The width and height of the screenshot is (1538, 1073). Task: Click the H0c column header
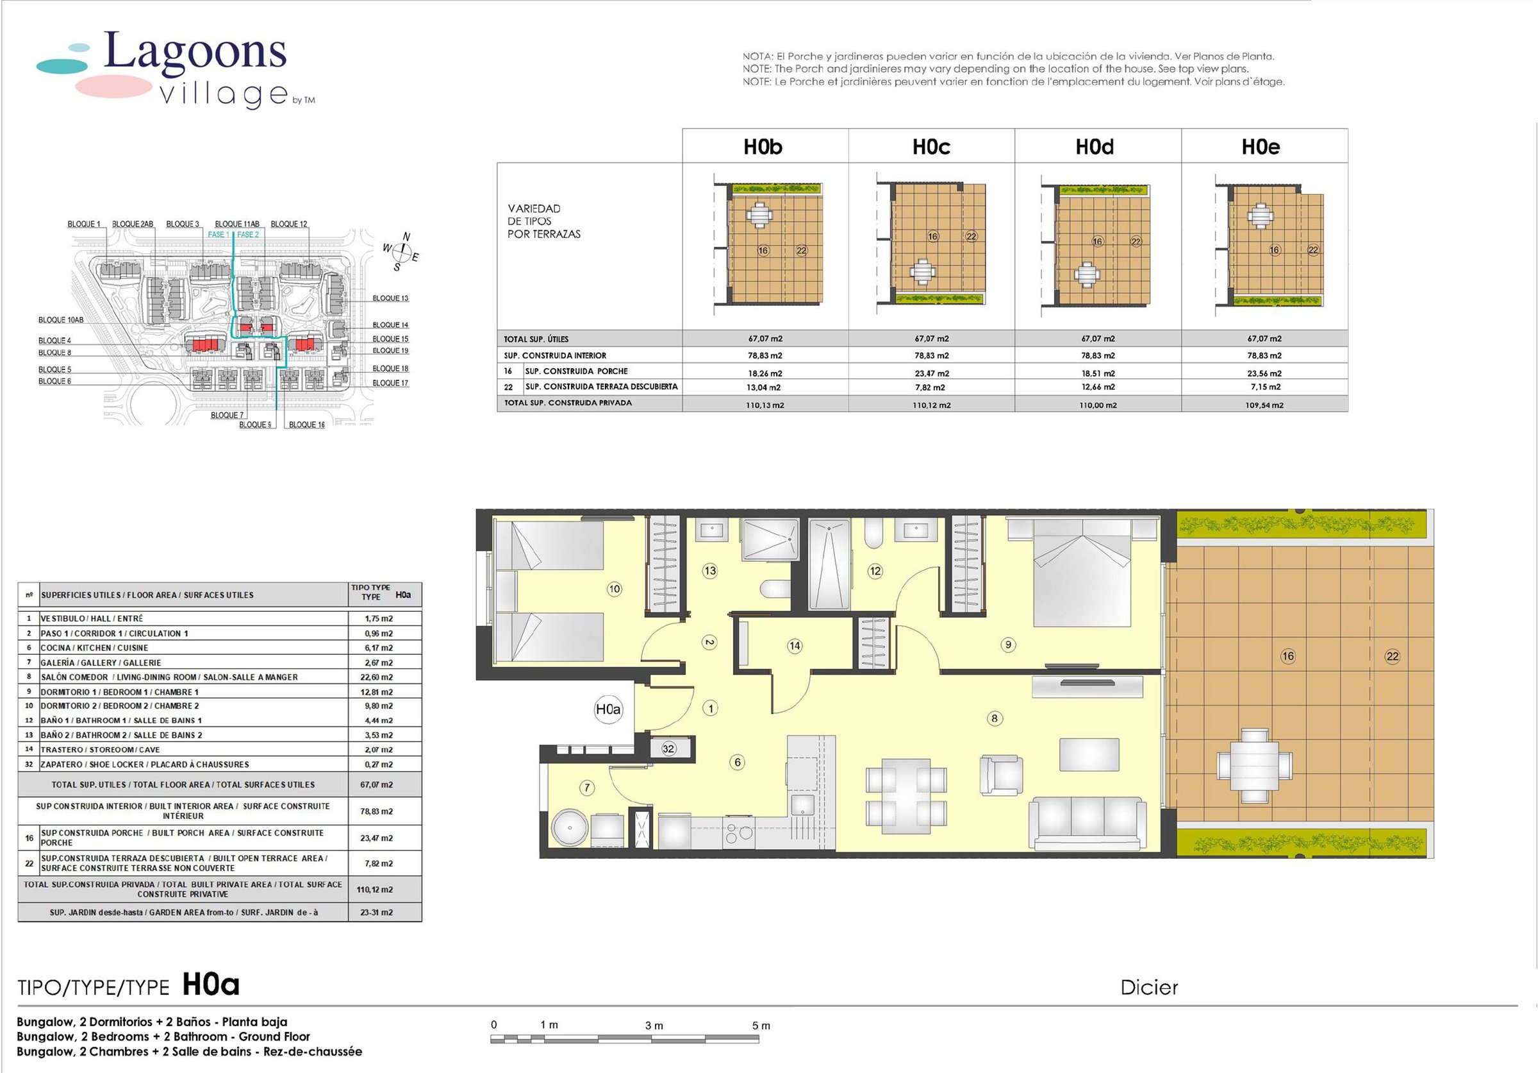click(931, 147)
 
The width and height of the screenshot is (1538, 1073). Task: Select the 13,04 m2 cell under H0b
click(765, 387)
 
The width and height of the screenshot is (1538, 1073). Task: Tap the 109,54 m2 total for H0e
click(1264, 405)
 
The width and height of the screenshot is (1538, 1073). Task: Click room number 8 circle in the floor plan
click(995, 718)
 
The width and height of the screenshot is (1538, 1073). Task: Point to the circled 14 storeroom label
click(795, 646)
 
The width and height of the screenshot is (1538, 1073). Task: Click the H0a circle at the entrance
click(608, 709)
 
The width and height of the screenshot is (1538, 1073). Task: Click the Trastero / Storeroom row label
click(101, 750)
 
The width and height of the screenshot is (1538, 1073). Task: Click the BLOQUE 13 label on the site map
click(390, 298)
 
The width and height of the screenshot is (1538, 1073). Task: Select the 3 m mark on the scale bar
click(654, 1026)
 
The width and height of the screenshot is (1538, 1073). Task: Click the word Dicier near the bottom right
click(1149, 987)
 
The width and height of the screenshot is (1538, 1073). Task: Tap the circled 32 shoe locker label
click(668, 749)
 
